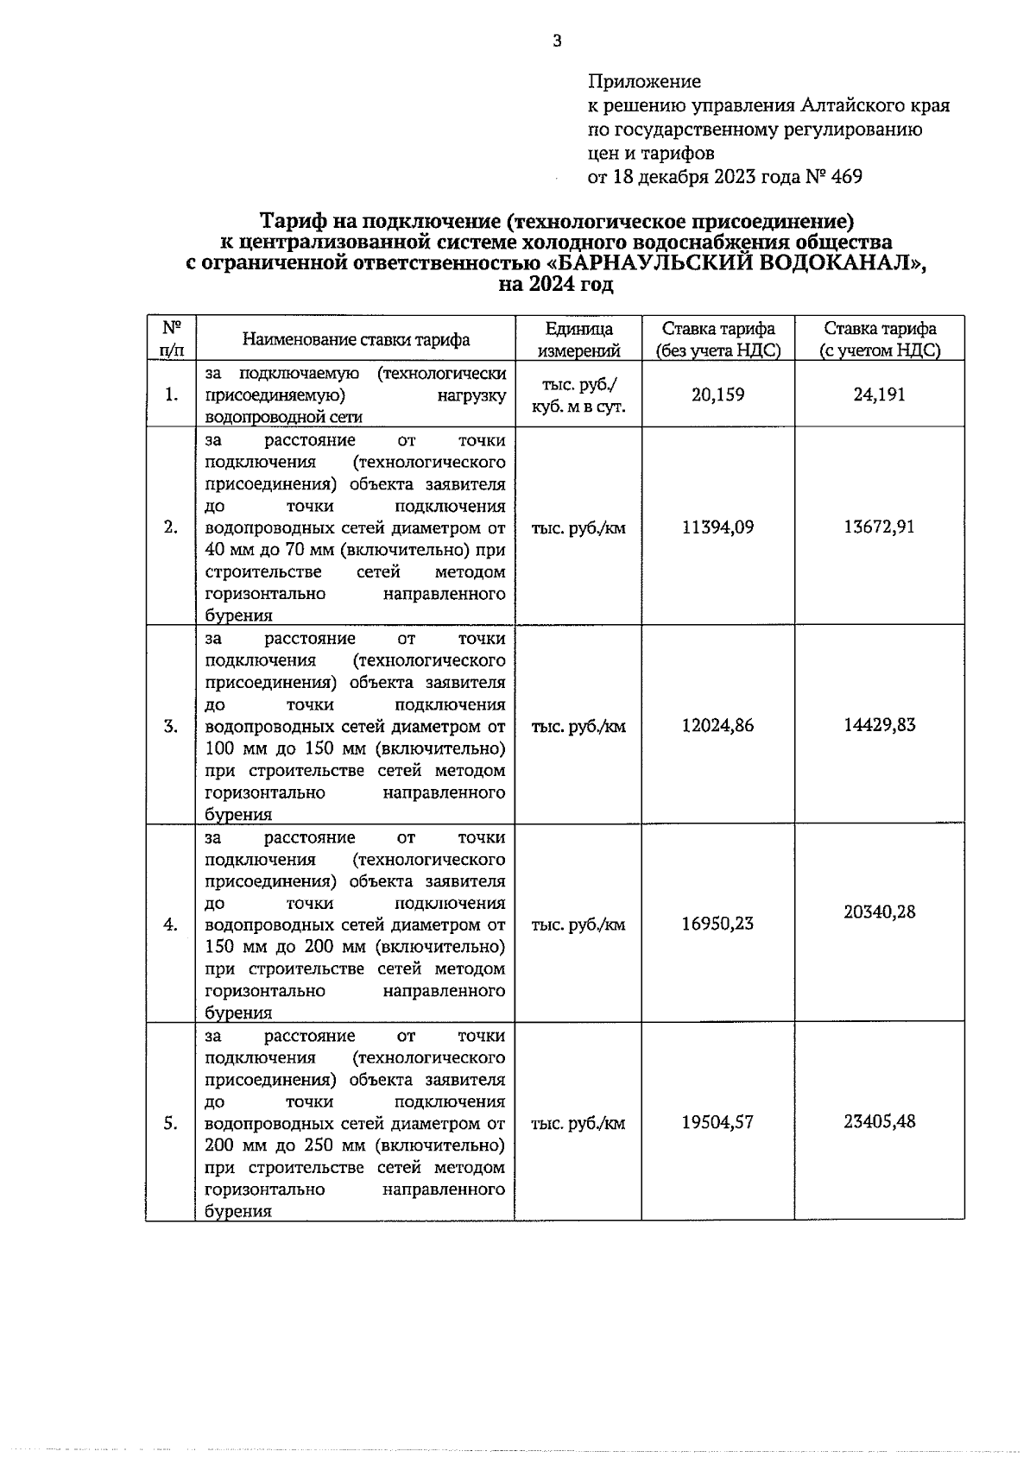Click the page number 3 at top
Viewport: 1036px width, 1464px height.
point(556,41)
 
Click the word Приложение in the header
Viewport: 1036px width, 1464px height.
point(644,82)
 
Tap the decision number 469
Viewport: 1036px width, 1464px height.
point(846,178)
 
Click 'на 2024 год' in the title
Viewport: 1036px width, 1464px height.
point(556,285)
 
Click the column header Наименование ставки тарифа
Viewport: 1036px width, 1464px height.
point(356,339)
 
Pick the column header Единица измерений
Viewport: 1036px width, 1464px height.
point(578,339)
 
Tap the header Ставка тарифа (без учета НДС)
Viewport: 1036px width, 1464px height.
point(717,339)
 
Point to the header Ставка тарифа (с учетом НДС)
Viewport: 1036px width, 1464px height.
point(879,339)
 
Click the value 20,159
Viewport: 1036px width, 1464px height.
point(717,394)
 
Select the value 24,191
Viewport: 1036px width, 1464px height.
point(879,394)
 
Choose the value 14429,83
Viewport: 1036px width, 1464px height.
point(879,725)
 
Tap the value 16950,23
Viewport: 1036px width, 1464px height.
point(717,924)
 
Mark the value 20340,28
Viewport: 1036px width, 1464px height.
point(879,912)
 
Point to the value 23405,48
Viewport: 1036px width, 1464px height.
point(879,1122)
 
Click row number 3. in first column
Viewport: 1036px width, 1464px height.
point(171,726)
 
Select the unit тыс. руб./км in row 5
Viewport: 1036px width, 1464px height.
point(578,1124)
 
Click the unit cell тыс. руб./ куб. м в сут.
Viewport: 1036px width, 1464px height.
point(578,395)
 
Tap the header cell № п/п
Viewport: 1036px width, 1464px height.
point(171,339)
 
